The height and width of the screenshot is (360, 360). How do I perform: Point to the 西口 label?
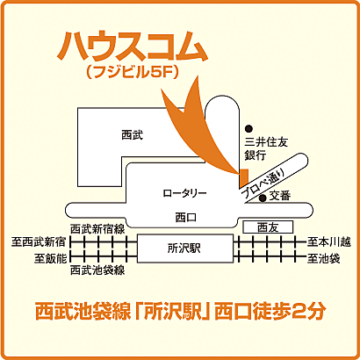coord(184,215)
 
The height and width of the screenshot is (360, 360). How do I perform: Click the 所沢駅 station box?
coord(184,248)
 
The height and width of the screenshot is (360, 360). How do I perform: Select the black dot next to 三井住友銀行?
coord(249,126)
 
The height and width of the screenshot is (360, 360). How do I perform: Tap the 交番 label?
coord(280,195)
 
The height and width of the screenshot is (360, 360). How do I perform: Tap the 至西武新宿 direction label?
coord(38,241)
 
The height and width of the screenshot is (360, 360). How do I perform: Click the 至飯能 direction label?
coord(50,258)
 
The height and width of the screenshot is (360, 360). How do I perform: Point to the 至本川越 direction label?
coord(328,241)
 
